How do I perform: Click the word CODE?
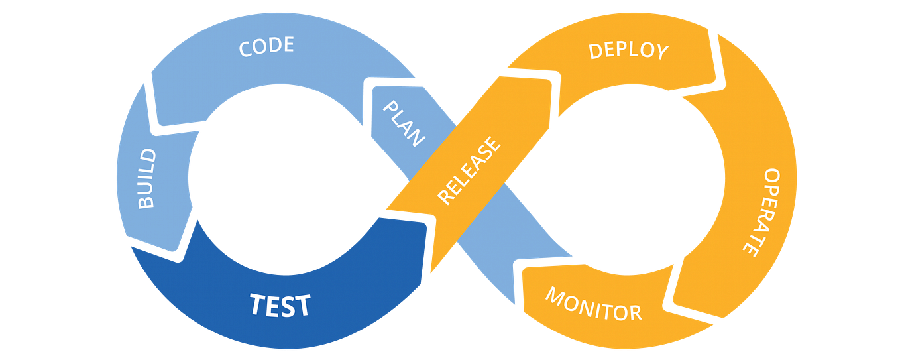(266, 47)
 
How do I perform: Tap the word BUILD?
(146, 178)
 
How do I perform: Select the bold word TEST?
(280, 305)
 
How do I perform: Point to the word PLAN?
(404, 123)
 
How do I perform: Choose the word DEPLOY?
(628, 50)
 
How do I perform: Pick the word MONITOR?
(593, 304)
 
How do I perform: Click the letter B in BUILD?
(147, 201)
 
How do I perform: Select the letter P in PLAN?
(393, 107)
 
